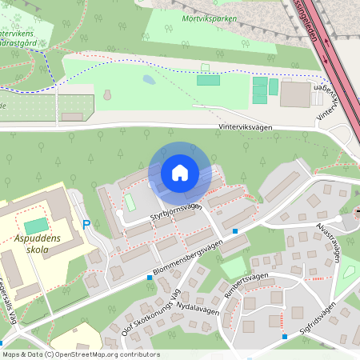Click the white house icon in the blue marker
click(x=180, y=172)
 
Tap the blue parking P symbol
click(x=86, y=226)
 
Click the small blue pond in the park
click(x=149, y=80)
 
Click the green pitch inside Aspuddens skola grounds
click(x=36, y=226)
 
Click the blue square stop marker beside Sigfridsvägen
click(x=285, y=337)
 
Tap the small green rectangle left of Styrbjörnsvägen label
click(x=129, y=201)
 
